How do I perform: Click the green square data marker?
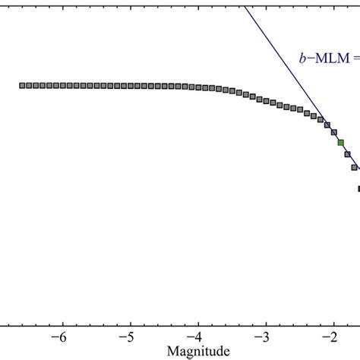tap(340, 142)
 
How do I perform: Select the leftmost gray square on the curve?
tap(22, 85)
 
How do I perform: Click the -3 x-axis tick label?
tap(263, 338)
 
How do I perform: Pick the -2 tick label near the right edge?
tap(331, 338)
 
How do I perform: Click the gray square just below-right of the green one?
tap(347, 155)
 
